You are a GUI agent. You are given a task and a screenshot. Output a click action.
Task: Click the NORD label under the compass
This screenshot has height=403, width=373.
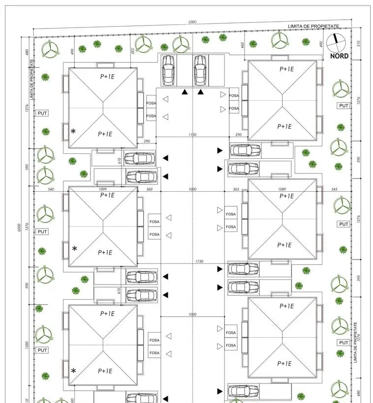click(339, 56)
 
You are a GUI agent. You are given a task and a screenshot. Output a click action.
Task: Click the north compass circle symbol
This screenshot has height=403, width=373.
click(335, 42)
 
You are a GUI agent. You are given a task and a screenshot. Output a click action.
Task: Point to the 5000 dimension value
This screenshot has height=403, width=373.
click(192, 22)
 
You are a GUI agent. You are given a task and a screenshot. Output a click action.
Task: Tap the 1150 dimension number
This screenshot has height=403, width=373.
click(192, 135)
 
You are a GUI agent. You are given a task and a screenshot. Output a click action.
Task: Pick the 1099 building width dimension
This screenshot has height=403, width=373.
click(103, 189)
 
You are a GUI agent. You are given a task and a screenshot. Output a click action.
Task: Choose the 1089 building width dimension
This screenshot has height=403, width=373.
click(282, 189)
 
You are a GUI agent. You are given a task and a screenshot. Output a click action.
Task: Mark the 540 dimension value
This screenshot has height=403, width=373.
click(50, 189)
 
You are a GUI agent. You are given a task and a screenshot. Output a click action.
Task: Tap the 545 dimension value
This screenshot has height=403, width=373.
click(335, 189)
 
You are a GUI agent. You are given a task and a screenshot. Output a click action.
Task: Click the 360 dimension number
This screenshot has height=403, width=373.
click(149, 189)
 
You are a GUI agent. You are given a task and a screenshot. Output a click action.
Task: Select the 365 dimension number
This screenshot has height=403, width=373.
click(235, 189)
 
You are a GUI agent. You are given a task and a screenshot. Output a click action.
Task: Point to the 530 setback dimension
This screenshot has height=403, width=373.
click(133, 51)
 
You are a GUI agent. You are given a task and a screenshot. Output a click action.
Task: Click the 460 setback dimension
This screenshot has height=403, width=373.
click(243, 45)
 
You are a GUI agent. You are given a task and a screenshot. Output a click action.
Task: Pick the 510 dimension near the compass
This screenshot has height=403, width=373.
click(359, 43)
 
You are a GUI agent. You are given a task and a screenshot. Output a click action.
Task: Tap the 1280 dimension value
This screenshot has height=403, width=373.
click(27, 345)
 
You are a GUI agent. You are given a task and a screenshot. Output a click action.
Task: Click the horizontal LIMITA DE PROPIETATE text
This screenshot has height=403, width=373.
click(313, 27)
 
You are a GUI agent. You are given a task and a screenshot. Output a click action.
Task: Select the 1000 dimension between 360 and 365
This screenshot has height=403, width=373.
click(192, 189)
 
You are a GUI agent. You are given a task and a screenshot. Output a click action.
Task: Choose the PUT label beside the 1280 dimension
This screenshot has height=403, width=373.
click(43, 350)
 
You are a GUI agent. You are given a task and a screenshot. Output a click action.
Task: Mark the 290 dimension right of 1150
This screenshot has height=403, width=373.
click(239, 135)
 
